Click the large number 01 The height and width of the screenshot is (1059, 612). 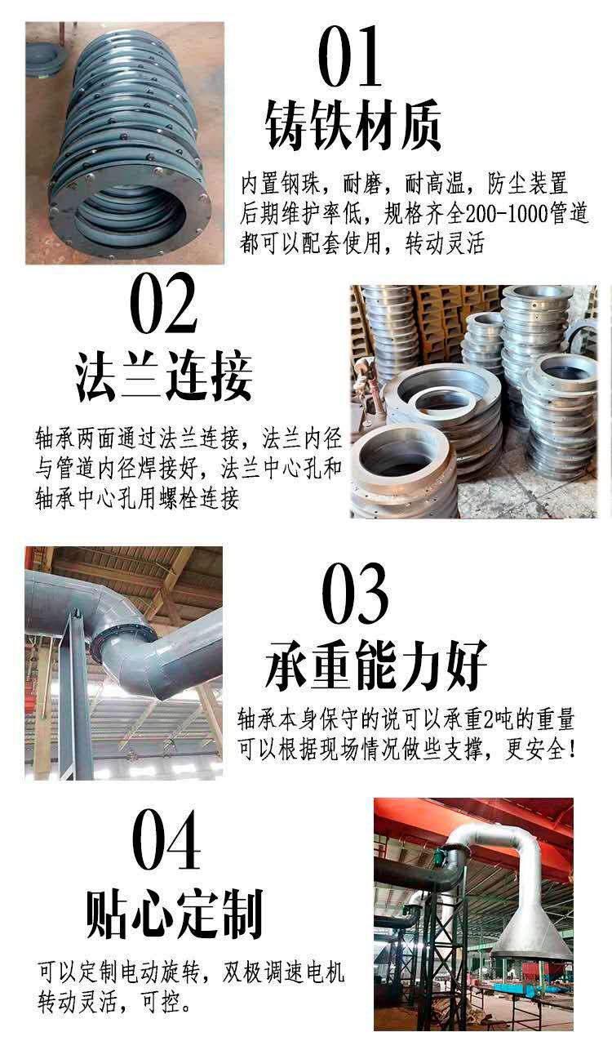[350, 56]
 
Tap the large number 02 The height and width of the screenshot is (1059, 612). [163, 303]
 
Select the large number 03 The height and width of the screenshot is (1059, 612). [356, 594]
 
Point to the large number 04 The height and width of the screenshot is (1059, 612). [166, 839]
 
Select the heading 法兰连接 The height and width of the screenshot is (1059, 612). [164, 376]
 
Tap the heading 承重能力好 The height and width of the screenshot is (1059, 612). [375, 665]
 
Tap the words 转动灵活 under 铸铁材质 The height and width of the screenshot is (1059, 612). [445, 244]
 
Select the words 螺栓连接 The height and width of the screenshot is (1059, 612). [198, 498]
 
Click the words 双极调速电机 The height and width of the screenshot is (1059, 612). [283, 973]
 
